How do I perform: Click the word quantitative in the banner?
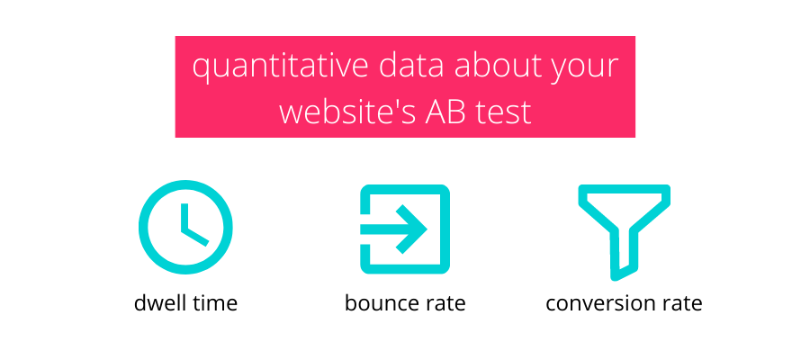pos(280,67)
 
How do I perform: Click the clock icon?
pos(185,227)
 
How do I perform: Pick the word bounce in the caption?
pos(382,302)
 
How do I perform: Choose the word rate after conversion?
pos(682,303)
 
